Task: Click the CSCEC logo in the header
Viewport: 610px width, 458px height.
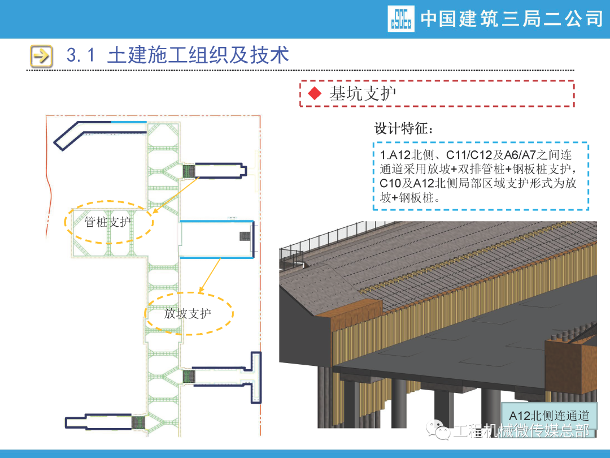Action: click(x=401, y=19)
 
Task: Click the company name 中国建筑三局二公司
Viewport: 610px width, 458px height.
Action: click(x=512, y=19)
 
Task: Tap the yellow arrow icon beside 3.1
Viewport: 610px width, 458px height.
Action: click(x=41, y=55)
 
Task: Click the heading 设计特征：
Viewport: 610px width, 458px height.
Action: click(x=405, y=128)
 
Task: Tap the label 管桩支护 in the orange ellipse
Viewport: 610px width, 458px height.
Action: click(x=107, y=222)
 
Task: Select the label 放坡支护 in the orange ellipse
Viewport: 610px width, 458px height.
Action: click(x=188, y=313)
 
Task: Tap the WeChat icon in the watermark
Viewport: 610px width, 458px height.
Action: click(x=439, y=431)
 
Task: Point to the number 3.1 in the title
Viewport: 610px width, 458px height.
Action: click(x=82, y=55)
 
